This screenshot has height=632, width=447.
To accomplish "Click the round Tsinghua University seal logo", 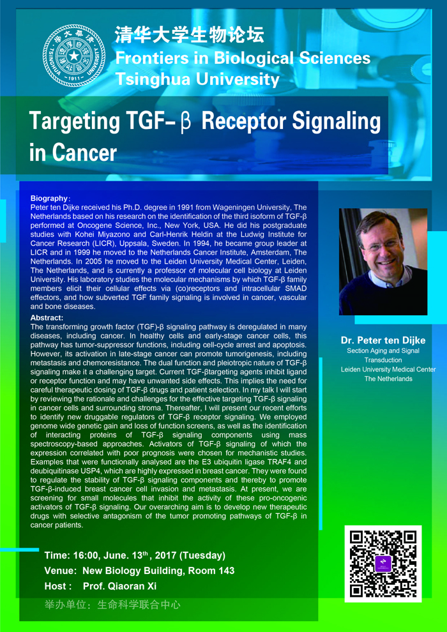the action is [x=74, y=56].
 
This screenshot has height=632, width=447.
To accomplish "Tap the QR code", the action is [x=383, y=564].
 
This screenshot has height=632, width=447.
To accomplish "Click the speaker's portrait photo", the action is [x=383, y=262].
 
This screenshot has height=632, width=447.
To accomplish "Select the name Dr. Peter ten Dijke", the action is [x=383, y=341].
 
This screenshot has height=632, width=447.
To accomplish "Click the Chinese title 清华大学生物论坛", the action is [x=190, y=34].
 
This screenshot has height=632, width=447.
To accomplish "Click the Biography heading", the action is [x=48, y=199].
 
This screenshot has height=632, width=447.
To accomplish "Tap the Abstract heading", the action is [x=47, y=317].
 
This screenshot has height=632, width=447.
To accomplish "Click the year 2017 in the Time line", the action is [x=165, y=555].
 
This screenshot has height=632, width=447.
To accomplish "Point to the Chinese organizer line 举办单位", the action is [x=112, y=605].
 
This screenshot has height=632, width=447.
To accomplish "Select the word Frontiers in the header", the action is [x=148, y=57].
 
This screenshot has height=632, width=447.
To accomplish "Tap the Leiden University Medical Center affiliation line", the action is [x=388, y=369].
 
